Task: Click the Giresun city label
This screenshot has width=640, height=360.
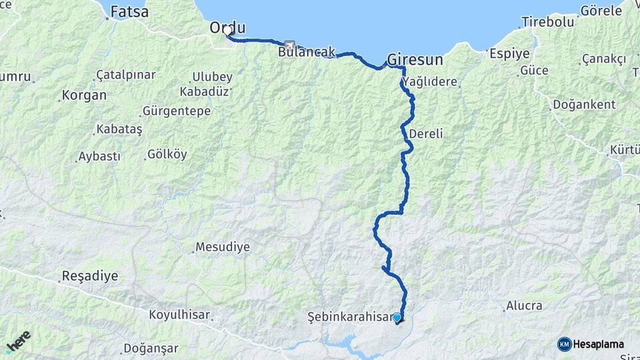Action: click(415, 59)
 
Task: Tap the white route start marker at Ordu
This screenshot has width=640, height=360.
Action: click(228, 31)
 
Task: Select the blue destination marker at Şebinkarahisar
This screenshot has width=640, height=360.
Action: click(397, 318)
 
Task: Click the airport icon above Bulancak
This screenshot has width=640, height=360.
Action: click(289, 45)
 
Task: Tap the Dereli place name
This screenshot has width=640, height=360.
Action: click(425, 133)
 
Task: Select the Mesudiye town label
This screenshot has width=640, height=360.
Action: click(223, 247)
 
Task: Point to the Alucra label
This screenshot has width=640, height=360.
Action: click(524, 306)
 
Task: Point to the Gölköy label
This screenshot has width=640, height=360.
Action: click(167, 155)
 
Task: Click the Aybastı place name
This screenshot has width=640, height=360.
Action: click(99, 156)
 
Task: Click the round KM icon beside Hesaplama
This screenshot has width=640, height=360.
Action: click(564, 344)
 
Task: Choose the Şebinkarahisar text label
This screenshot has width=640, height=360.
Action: click(349, 317)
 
